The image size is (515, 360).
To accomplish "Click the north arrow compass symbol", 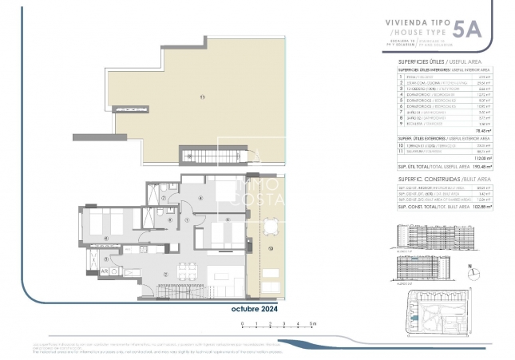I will pos(471,270).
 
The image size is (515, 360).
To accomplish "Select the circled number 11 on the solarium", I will pos(203,97).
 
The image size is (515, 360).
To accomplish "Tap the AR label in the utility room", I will pos(105,271).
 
